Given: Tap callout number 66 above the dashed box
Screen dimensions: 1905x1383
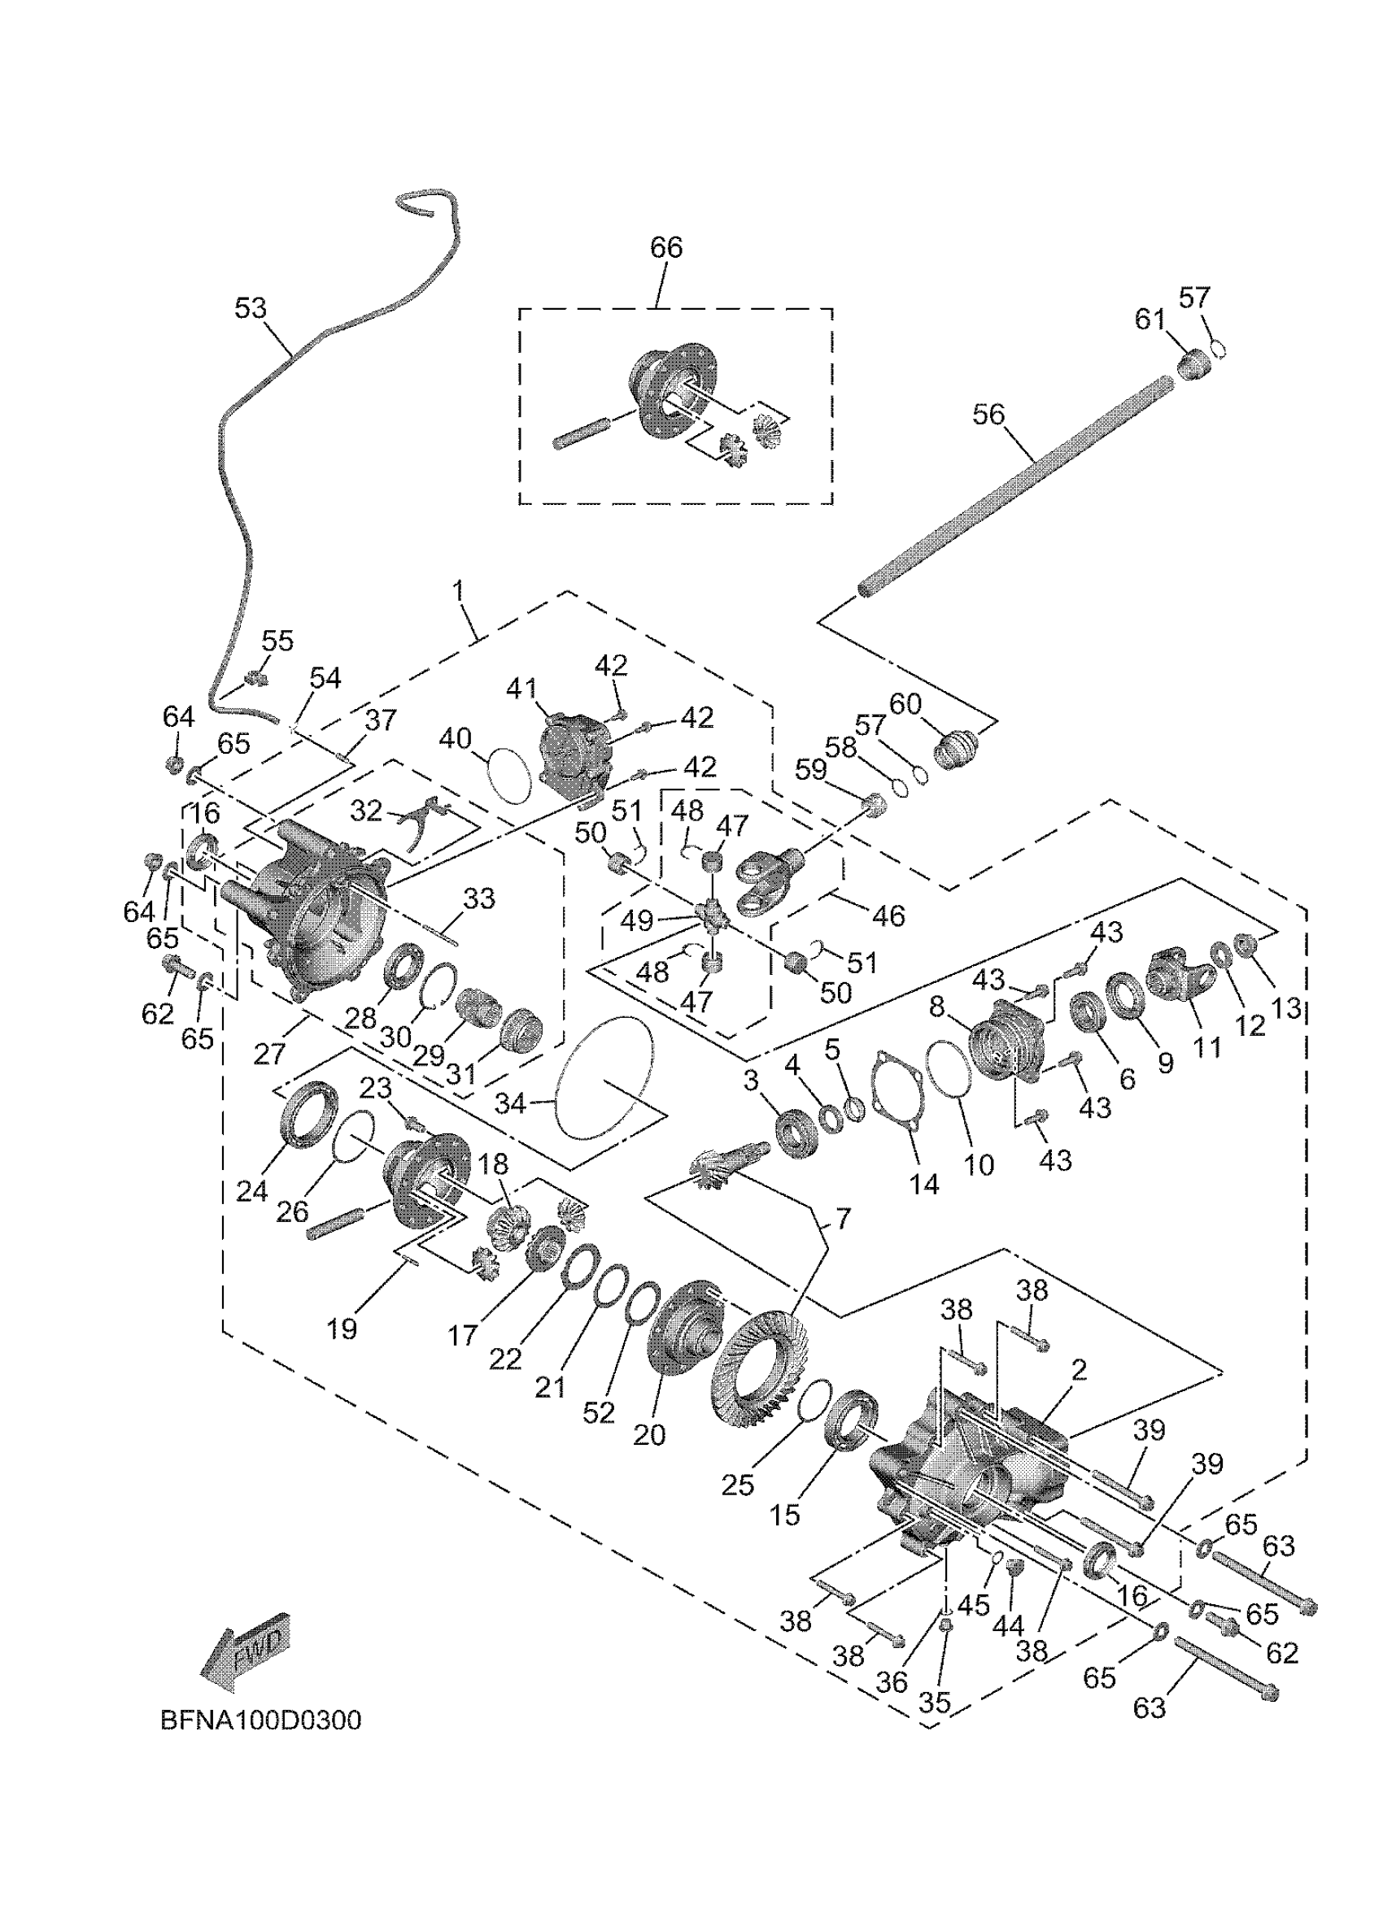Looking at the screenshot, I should tap(666, 248).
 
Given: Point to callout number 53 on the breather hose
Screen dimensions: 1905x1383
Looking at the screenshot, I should tap(251, 308).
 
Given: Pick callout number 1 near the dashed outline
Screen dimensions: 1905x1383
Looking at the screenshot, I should tap(459, 591).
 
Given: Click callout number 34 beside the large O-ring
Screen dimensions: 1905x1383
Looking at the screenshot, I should tap(510, 1103).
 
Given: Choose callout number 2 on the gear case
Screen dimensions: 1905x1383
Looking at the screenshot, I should tap(1080, 1370).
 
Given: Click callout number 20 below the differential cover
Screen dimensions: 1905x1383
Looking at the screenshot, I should tap(649, 1434).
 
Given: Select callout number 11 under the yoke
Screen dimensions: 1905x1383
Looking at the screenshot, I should tap(1206, 1046).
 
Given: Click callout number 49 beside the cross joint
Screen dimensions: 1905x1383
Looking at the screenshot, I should tap(637, 920).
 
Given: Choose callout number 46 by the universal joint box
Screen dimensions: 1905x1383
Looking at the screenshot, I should tap(889, 916).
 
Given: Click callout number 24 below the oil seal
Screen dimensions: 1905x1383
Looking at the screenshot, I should tap(251, 1190).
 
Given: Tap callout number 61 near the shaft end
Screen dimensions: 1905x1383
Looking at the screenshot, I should tap(1150, 320).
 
